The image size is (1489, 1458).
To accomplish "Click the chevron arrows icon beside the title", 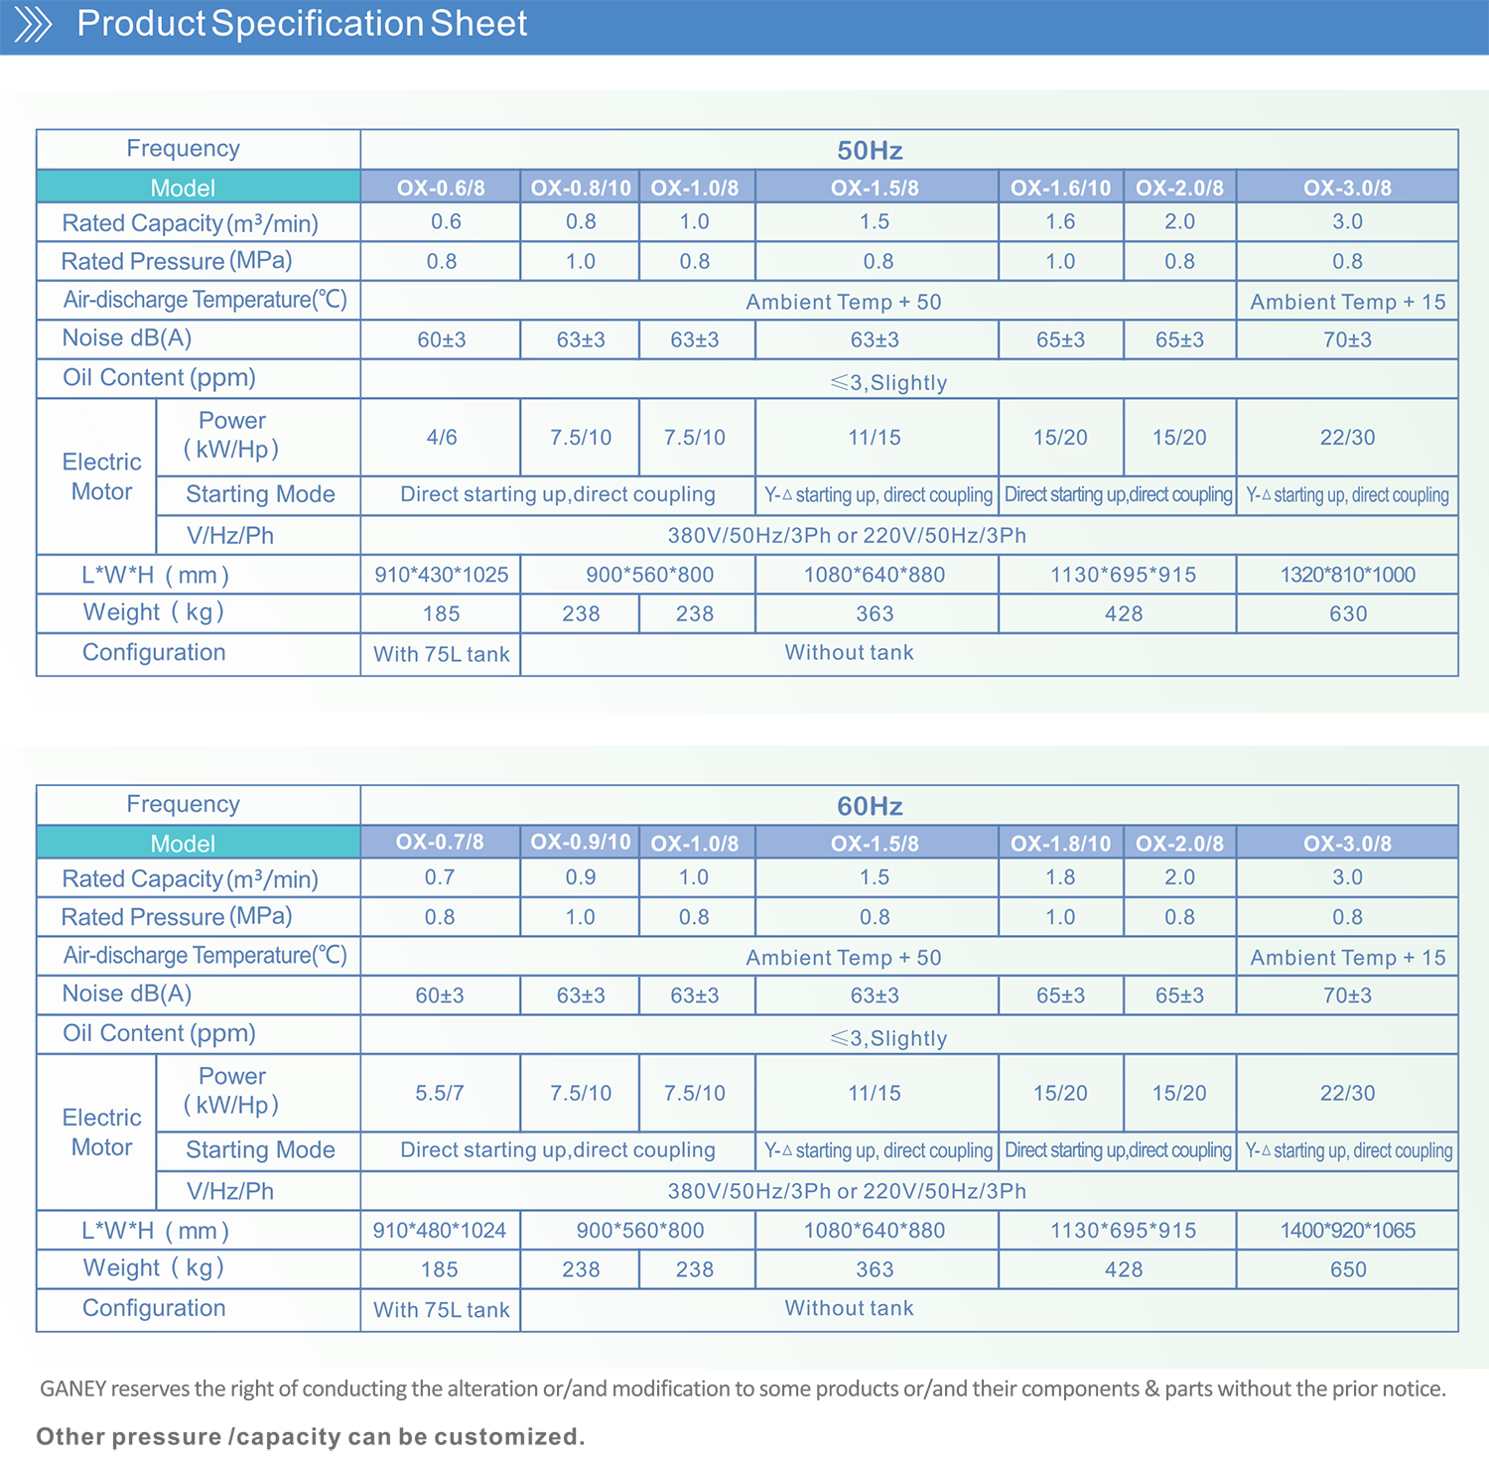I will click(x=33, y=24).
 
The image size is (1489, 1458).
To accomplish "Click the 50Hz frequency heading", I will click(x=870, y=151).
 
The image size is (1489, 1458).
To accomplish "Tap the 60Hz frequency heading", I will click(x=870, y=806).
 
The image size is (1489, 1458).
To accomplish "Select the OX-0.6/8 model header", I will click(x=441, y=188).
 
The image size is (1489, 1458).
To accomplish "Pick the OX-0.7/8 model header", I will click(x=440, y=843).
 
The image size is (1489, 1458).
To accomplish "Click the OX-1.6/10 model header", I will click(x=1060, y=188).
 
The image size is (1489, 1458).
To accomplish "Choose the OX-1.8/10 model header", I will click(x=1060, y=844).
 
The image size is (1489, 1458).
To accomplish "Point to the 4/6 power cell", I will click(x=442, y=438).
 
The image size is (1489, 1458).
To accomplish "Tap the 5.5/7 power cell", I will click(x=440, y=1093).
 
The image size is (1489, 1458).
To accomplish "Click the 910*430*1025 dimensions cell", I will click(x=442, y=575).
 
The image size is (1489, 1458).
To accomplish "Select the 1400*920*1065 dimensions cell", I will click(x=1347, y=1231).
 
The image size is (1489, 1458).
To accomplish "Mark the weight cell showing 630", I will click(x=1347, y=614).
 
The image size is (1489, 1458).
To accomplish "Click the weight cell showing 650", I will click(x=1347, y=1269).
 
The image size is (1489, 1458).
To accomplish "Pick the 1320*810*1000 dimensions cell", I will click(x=1347, y=575).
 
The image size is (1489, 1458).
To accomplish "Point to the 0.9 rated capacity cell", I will click(x=581, y=877).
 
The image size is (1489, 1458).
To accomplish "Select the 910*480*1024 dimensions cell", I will click(x=440, y=1231).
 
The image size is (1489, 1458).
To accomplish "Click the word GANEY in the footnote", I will click(x=72, y=1389).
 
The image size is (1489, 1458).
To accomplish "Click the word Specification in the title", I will click(x=318, y=24).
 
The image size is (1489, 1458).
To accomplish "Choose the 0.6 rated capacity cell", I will click(x=446, y=221).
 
